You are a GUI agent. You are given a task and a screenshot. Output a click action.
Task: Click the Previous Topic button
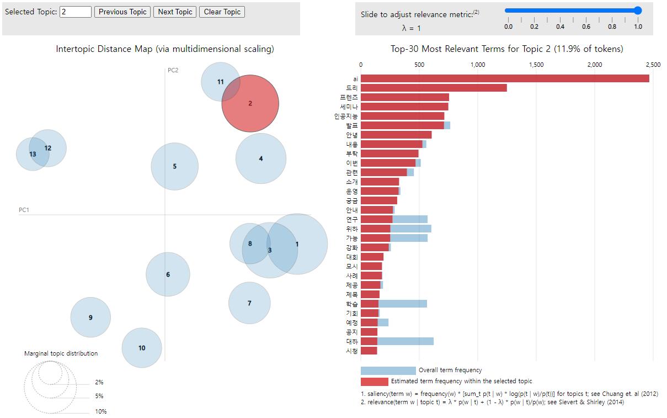(122, 12)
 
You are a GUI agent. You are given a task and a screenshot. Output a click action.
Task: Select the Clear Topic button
(222, 12)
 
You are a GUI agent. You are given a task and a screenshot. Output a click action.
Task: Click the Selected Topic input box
(76, 12)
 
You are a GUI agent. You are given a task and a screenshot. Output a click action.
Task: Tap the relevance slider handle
(638, 10)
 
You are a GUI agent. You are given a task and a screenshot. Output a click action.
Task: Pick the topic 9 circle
(90, 318)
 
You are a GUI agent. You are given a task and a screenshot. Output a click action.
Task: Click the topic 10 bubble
(142, 348)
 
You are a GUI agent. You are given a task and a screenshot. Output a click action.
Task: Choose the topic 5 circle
(174, 166)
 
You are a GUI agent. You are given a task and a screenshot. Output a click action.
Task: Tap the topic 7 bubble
(249, 303)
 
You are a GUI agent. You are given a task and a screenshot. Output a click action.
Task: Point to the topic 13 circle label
(33, 154)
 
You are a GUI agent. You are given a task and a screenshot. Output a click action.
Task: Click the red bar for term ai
(505, 78)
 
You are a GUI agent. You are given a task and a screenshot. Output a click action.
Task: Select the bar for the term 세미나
(404, 107)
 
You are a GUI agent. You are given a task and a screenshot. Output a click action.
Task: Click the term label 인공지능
(346, 117)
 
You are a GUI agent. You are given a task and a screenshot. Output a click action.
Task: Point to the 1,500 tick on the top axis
(536, 65)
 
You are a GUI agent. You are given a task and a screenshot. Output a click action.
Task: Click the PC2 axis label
(173, 70)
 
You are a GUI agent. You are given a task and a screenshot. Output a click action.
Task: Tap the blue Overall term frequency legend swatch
(388, 371)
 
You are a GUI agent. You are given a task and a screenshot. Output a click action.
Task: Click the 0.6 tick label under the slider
(586, 27)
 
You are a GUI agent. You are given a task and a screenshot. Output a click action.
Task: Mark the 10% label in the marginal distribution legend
(101, 411)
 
